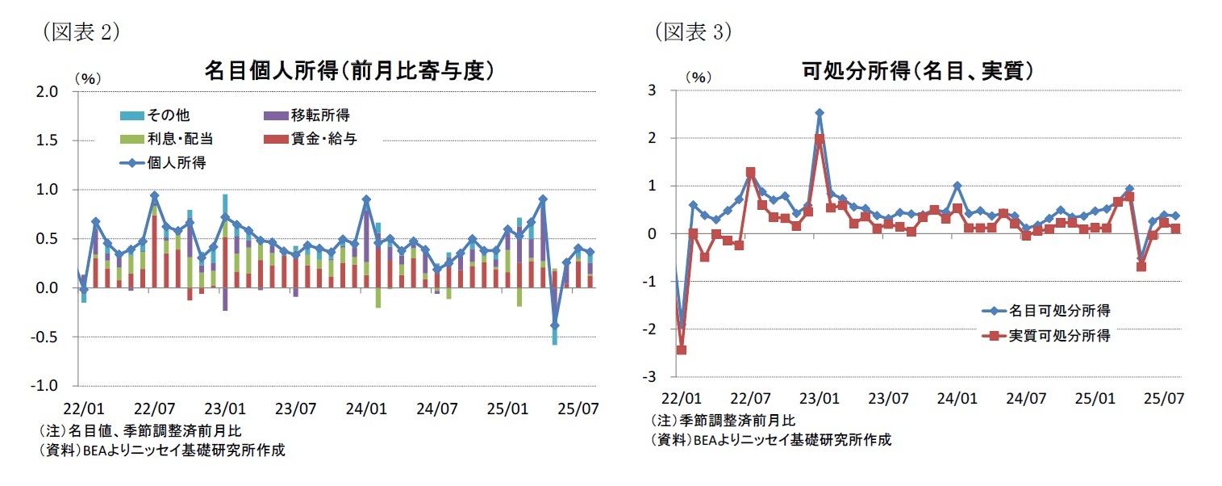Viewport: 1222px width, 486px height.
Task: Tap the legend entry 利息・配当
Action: [166, 139]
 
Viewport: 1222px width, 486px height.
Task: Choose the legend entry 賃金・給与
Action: [315, 139]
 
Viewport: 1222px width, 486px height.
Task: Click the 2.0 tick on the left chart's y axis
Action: [48, 92]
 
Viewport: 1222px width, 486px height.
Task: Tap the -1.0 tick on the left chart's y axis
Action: [47, 387]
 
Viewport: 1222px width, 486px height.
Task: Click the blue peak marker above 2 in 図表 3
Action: [820, 114]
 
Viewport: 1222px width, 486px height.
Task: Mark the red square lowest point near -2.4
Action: [681, 350]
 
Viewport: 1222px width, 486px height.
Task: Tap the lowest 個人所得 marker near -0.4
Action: [554, 325]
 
